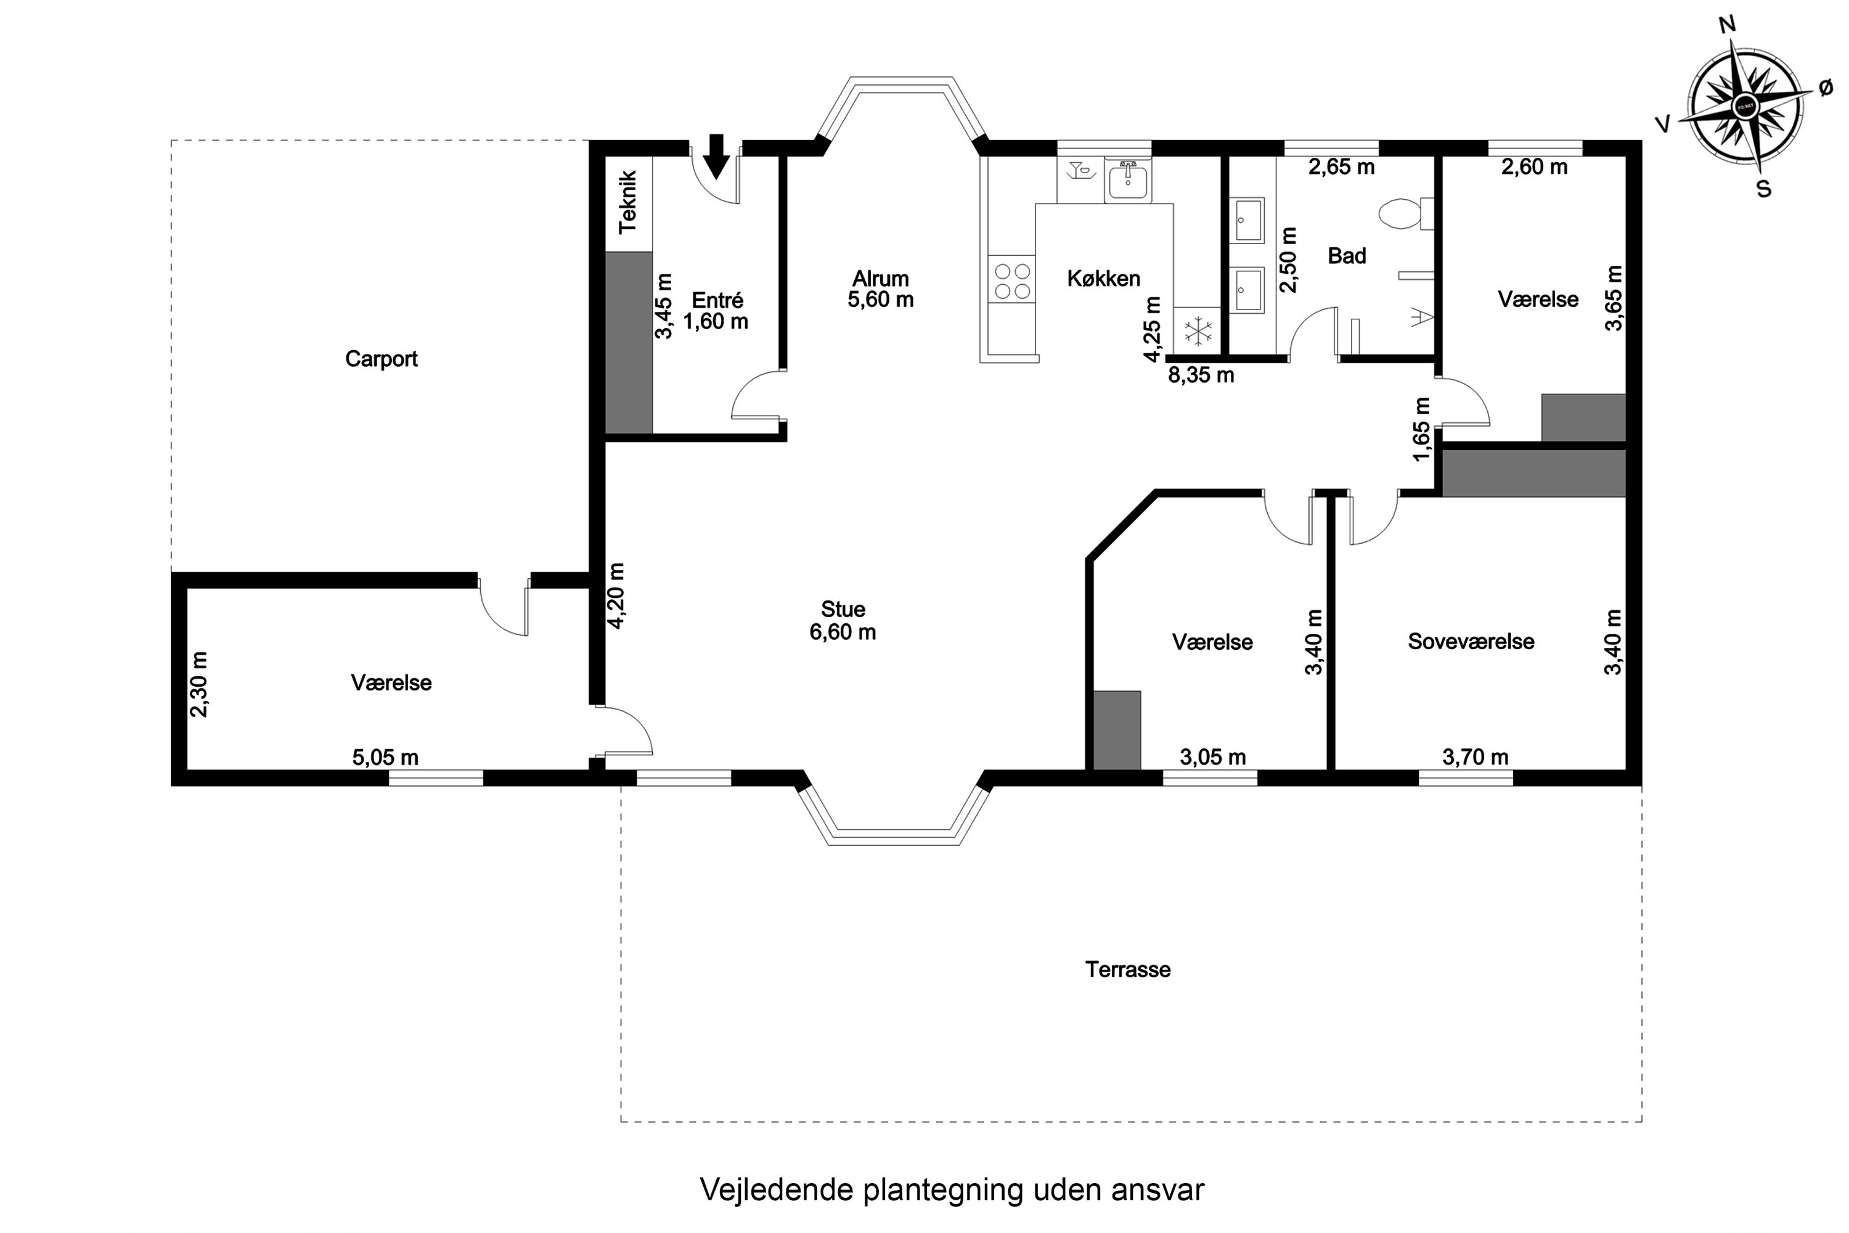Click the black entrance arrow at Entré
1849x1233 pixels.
[716, 156]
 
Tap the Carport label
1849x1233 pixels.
[382, 359]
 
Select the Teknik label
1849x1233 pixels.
[627, 203]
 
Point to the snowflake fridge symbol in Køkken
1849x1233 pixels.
[1198, 331]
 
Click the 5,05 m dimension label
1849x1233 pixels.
[385, 757]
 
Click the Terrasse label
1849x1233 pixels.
[1128, 970]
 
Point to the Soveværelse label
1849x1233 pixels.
[1471, 642]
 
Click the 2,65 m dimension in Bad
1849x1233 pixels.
[1341, 166]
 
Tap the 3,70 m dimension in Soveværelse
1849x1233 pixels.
[1475, 757]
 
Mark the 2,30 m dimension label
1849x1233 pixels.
[199, 684]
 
